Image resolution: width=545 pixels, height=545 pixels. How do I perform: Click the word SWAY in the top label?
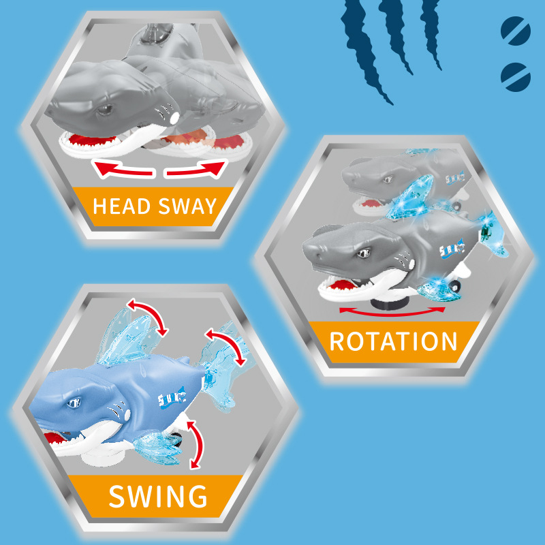point(187,206)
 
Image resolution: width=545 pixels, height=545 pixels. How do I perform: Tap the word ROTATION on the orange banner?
point(393,341)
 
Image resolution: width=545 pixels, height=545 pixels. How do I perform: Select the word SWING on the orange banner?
point(158,496)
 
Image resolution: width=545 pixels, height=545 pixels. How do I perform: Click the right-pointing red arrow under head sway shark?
point(195,170)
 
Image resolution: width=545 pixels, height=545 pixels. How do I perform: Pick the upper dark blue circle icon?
point(515,31)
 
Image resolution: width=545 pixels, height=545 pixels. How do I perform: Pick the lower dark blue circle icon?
point(515,76)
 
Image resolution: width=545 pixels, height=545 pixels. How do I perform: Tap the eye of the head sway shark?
point(104,109)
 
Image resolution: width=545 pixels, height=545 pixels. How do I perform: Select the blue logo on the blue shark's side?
point(170,396)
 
